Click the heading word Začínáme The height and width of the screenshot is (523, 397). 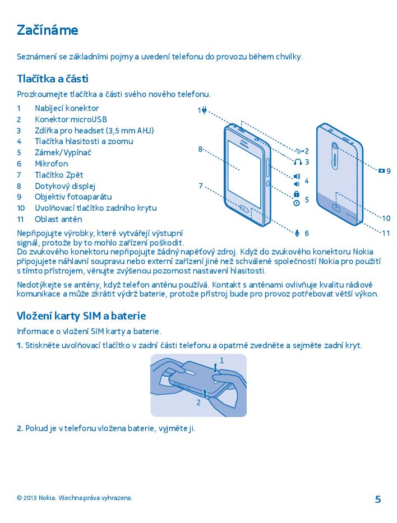(x=47, y=30)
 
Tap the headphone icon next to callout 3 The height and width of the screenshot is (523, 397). (x=297, y=162)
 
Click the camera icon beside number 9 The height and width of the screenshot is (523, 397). (x=381, y=170)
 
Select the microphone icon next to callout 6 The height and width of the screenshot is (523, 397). (x=297, y=233)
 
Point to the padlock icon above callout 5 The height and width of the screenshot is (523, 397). (x=297, y=194)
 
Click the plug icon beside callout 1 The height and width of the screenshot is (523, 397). (x=205, y=110)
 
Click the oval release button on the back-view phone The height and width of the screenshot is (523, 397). (x=336, y=207)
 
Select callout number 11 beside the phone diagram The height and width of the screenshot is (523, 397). (x=386, y=233)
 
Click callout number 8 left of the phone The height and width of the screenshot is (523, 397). (x=200, y=149)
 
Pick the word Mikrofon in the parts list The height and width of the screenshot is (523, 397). (x=51, y=164)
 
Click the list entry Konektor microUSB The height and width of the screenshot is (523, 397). (x=71, y=119)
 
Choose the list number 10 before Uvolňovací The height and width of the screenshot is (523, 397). (x=21, y=208)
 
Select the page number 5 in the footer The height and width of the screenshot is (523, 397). (x=377, y=499)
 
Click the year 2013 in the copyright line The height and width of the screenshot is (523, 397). (x=30, y=498)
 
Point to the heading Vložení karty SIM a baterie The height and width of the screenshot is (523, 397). (x=81, y=316)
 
